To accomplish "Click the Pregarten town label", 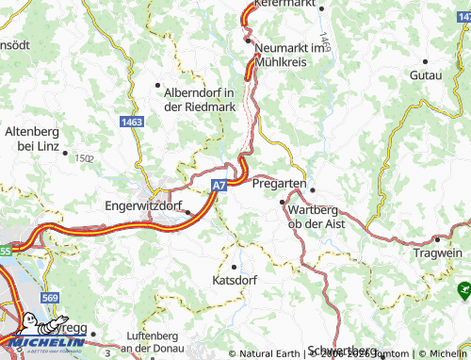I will click(280, 184).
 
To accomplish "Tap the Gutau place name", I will click(426, 74).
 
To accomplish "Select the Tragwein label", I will click(438, 254).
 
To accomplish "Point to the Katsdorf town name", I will click(235, 281).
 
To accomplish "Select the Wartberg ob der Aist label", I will click(317, 216).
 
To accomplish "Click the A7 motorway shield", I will click(219, 187).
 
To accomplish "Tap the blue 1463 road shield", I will click(133, 123).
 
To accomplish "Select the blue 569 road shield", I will click(51, 299).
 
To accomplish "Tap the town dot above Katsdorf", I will click(234, 251).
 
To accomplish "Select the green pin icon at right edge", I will click(463, 289).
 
